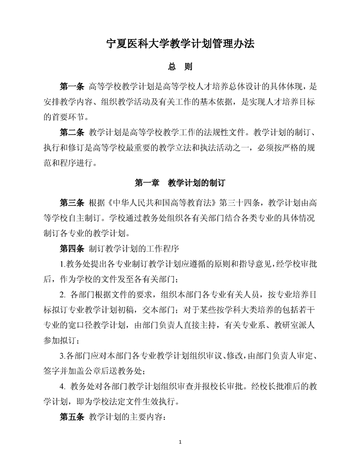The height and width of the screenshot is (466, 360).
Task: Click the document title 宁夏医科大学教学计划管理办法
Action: point(180,44)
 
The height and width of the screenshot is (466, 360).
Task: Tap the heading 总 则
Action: point(180,68)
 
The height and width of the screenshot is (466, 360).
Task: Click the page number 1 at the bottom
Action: point(180,442)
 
